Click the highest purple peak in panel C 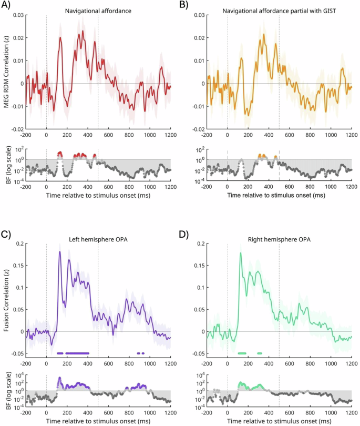click(x=59, y=252)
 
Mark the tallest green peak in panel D click(x=240, y=253)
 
